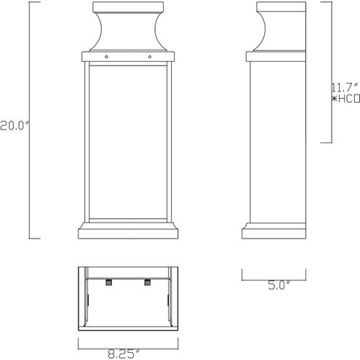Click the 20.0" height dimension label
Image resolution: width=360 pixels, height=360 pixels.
[15, 124]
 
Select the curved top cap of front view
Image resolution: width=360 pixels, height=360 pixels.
[127, 29]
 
